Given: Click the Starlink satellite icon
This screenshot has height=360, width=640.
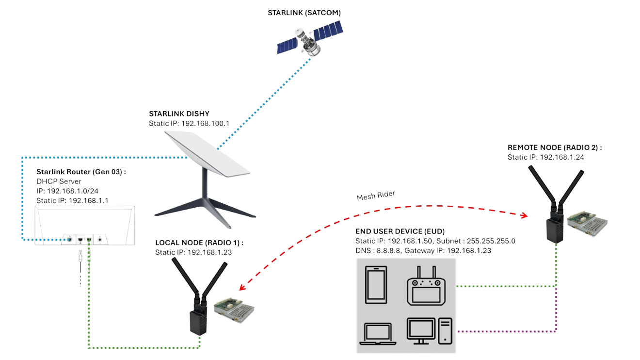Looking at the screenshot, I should point(309,40).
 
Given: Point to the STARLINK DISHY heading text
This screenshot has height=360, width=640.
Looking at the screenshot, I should point(179,114).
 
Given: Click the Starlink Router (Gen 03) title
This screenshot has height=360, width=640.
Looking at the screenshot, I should point(81,172).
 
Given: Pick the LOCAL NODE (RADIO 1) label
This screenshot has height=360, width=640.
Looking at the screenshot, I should point(199,242).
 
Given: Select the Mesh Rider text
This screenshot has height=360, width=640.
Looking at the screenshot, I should point(375,196).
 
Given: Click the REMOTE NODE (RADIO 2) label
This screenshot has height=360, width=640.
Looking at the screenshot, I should point(555,147).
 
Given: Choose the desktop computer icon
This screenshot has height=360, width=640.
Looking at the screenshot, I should point(430,331).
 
